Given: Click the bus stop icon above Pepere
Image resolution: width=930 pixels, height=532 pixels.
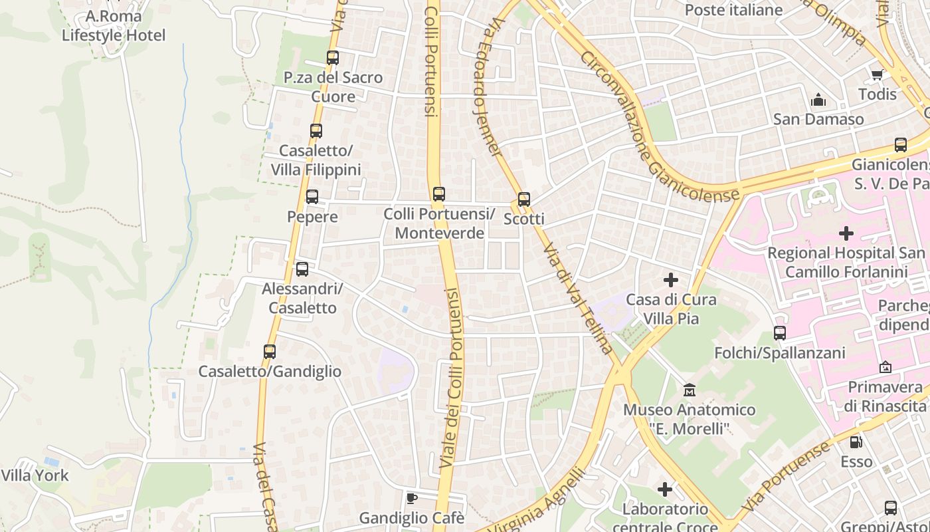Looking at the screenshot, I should pos(312,197).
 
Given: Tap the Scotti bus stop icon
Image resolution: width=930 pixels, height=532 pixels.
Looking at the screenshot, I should pos(524,199).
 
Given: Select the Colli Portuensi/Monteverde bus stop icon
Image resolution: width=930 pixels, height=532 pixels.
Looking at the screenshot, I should pos(438,194).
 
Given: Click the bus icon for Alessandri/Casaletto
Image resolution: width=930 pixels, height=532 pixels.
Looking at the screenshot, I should pos(302,269).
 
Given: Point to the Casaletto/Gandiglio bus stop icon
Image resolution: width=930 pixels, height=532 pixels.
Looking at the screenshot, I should pos(270,352).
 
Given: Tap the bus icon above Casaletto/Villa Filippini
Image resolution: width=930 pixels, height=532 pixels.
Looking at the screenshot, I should pos(316,131).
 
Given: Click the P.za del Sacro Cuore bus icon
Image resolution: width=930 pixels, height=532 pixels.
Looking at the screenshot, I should pos(333,58).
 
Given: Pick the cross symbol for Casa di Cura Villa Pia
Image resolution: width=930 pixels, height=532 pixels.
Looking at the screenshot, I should pos(671,280).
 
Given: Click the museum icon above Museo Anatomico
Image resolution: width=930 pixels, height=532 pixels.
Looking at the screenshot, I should pos(689,390).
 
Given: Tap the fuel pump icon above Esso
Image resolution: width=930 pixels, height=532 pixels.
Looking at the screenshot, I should pos(856,442).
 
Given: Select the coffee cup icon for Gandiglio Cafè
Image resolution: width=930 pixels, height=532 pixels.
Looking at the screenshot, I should pos(412,498).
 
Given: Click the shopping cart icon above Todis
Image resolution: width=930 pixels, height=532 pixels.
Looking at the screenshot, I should pos(877,74).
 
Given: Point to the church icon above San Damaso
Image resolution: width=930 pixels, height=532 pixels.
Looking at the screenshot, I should pos(818,100).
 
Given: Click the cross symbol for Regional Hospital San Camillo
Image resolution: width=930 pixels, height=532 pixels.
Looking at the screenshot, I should pos(846,233).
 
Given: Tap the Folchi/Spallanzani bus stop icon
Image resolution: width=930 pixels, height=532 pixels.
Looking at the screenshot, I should pos(780,333).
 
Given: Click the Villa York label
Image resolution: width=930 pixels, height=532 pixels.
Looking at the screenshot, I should pos(35,475).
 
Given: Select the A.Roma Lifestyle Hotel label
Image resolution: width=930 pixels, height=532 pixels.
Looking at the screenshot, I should pos(114,26).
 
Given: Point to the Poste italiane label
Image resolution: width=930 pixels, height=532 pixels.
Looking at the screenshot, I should pos(733,10).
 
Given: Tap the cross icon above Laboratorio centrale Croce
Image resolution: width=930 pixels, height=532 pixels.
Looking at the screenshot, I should pos(665,490).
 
